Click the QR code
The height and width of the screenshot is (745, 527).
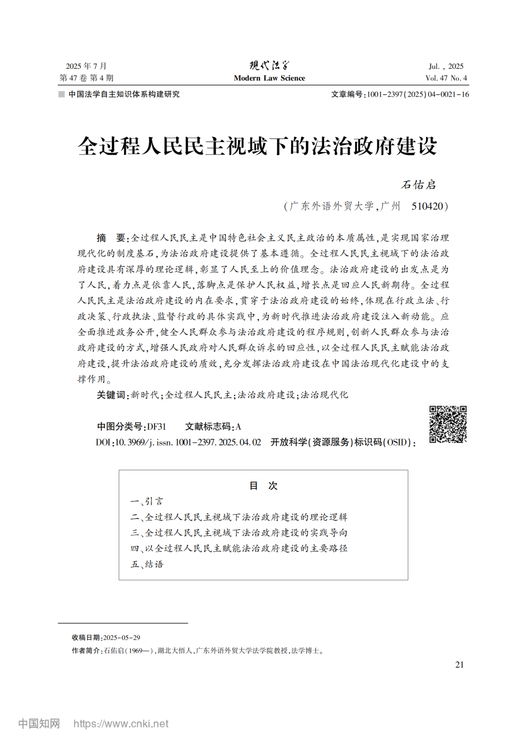click(x=448, y=424)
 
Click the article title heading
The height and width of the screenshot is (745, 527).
click(x=257, y=146)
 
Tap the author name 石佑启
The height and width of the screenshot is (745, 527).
click(x=418, y=185)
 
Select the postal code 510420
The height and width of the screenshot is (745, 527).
click(x=427, y=206)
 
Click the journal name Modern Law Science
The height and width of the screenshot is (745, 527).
click(x=269, y=78)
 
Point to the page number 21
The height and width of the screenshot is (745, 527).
click(x=459, y=664)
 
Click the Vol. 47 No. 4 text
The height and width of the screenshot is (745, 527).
click(x=446, y=78)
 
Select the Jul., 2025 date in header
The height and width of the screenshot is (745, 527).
click(x=446, y=66)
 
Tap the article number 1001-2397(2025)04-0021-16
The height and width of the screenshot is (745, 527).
click(x=418, y=94)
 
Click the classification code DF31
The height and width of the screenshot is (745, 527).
click(x=157, y=426)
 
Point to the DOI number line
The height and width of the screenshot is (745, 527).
click(x=179, y=442)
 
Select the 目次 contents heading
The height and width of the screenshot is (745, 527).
click(x=263, y=485)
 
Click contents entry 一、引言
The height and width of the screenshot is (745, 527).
click(x=147, y=501)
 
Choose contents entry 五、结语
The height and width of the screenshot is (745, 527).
click(x=147, y=564)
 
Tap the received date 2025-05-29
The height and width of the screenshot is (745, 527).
click(x=122, y=637)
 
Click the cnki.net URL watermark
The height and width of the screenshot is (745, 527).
click(x=121, y=724)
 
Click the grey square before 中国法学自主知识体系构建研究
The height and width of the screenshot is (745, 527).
click(x=61, y=94)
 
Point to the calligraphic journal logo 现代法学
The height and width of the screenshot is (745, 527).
click(x=269, y=65)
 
